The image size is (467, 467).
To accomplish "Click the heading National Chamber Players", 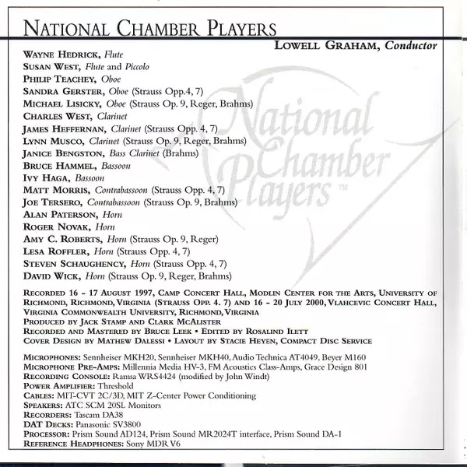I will [149, 29].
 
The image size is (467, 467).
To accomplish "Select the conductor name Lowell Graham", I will [327, 45].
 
